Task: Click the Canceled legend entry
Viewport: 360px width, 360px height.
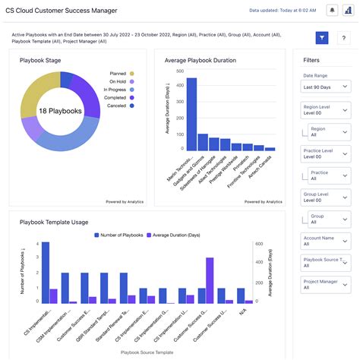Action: click(x=118, y=106)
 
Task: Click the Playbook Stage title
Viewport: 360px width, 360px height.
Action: click(x=41, y=61)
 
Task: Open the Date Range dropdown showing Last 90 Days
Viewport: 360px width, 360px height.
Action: click(x=326, y=88)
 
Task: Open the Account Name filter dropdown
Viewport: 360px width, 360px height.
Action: click(x=326, y=241)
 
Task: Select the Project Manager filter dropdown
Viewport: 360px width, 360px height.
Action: click(x=326, y=285)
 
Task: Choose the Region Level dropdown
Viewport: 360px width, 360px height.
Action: click(x=326, y=110)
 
